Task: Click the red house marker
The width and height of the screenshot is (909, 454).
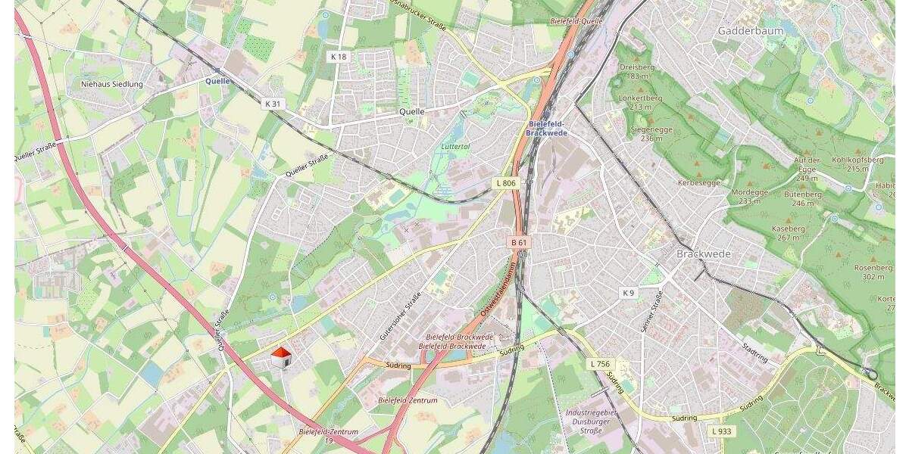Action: point(281,358)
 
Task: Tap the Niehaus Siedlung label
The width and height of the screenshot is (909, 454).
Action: point(112,84)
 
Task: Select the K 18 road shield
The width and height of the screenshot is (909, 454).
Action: point(338,57)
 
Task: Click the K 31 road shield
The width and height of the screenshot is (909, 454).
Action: point(273,103)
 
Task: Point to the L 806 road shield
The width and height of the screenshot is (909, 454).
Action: point(505,183)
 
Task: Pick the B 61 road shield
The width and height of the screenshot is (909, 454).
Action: point(519,242)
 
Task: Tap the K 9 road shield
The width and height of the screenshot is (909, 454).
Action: point(627,293)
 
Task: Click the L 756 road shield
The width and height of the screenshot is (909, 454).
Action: point(599,364)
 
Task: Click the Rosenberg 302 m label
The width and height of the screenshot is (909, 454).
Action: point(868,272)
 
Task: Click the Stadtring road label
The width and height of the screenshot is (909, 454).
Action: point(755,352)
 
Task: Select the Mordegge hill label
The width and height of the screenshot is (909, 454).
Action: point(748,197)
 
